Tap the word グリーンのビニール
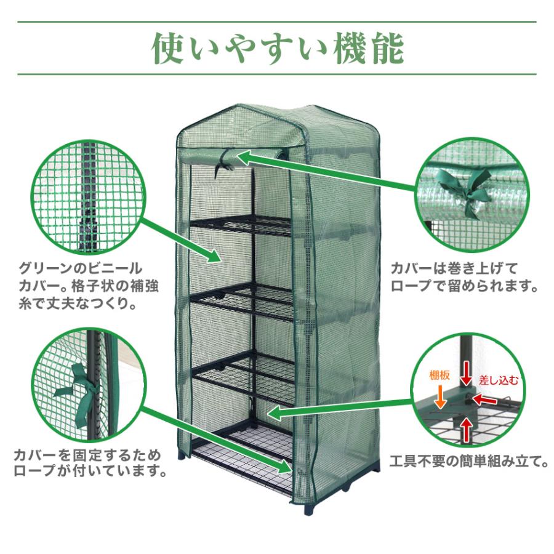coord(81,269)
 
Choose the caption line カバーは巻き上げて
coord(455,269)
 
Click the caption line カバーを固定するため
coord(86,456)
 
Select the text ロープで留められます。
coord(465,287)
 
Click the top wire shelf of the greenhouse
coord(243,223)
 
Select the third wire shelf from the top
coord(243,373)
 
